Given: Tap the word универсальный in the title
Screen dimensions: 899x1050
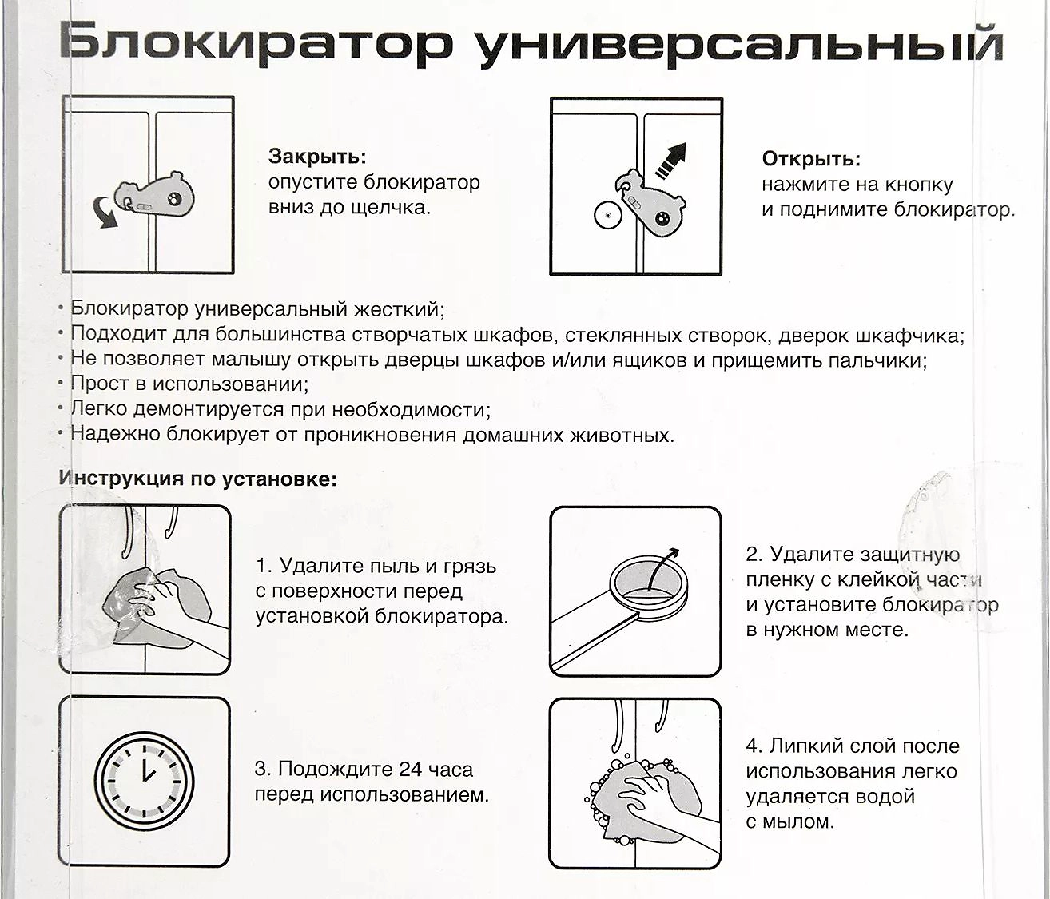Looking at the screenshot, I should pyautogui.click(x=739, y=45).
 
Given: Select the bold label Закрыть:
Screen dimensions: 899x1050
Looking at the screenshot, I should pyautogui.click(x=317, y=157).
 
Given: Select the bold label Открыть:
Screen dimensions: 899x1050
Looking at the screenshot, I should pyautogui.click(x=811, y=158).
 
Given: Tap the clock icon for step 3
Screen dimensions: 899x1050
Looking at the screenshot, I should pyautogui.click(x=145, y=781).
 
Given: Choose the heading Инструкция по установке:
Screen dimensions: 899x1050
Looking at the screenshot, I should pyautogui.click(x=198, y=479).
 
